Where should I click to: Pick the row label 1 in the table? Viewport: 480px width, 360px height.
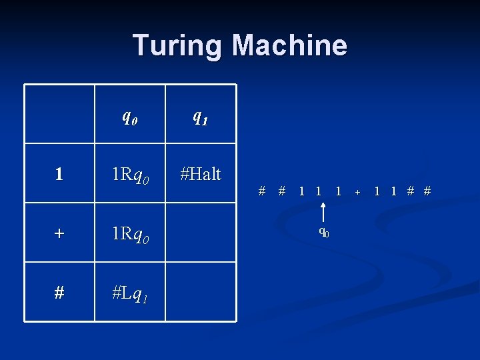coord(59,174)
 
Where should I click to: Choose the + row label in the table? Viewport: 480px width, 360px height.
coord(59,233)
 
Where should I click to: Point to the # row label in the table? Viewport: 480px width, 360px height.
coord(59,293)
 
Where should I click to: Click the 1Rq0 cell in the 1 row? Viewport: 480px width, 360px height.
coord(130,175)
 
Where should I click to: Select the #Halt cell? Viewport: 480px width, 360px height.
coord(200,174)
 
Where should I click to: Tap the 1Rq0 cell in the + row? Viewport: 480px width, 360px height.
coord(130,234)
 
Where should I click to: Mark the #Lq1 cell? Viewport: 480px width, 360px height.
coord(130,293)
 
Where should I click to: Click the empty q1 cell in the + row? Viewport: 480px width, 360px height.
coord(200,233)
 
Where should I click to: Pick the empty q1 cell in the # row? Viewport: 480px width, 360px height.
coord(200,292)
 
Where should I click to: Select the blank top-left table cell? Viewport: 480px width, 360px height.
coord(59,114)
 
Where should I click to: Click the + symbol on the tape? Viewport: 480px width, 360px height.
coord(358,192)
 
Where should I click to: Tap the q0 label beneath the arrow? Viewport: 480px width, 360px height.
coord(323,233)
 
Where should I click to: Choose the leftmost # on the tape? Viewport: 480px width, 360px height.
coord(262,191)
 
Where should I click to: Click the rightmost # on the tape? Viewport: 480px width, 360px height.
coord(427,191)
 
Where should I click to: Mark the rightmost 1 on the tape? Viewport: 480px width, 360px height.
coord(394,191)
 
